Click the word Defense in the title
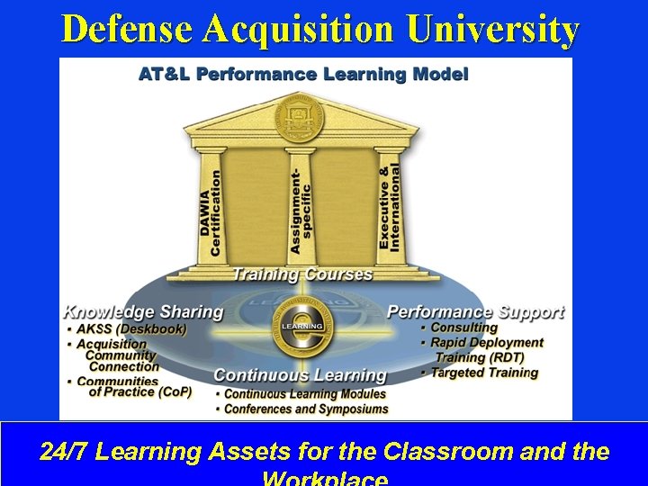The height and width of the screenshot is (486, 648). click(128, 30)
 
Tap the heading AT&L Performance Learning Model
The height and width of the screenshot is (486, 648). click(302, 75)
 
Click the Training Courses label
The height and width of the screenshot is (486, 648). click(302, 273)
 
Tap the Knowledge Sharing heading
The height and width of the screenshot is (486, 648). click(142, 312)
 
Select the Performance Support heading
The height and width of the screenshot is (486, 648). click(475, 312)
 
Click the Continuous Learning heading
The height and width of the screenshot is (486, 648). click(300, 374)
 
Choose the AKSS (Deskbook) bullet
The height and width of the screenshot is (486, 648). click(130, 329)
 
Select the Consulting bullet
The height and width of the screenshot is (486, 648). click(463, 328)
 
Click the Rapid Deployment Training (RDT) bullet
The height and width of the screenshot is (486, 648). click(486, 349)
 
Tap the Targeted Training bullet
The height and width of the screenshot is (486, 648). click(483, 373)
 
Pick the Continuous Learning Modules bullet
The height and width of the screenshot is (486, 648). click(304, 393)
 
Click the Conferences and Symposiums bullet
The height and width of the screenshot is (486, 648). click(306, 409)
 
